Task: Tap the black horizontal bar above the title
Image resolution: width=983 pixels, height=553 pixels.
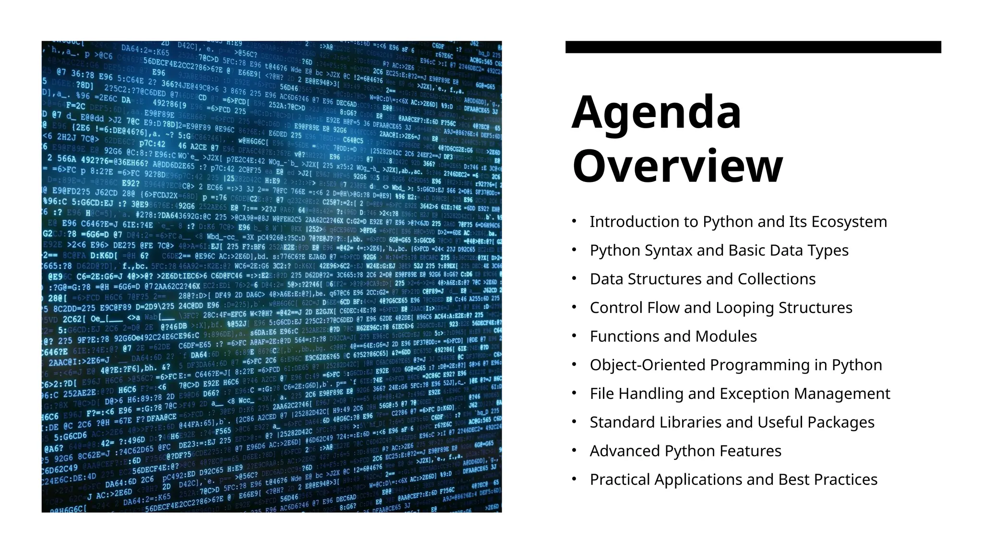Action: pos(753,47)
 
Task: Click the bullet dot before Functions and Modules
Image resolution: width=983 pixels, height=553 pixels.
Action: pos(574,336)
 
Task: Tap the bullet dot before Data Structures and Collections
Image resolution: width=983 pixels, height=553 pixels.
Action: pos(574,279)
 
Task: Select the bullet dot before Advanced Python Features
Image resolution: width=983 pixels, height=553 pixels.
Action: pos(574,451)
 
